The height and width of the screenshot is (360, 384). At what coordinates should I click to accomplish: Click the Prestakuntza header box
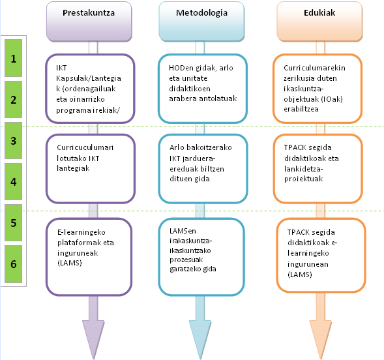[89, 22]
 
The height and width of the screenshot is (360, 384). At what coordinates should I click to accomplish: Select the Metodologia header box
[201, 22]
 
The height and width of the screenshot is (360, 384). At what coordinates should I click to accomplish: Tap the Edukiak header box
[319, 22]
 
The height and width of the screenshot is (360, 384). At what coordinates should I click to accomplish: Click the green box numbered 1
[14, 58]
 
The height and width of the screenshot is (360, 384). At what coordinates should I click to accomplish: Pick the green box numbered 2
[14, 99]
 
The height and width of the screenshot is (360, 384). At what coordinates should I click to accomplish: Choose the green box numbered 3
[14, 141]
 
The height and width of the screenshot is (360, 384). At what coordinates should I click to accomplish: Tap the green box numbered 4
[14, 182]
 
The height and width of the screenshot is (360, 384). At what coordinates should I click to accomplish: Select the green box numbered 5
[14, 223]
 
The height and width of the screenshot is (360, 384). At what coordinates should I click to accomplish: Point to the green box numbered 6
[14, 264]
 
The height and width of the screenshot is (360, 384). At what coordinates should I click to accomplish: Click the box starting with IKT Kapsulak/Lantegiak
[90, 89]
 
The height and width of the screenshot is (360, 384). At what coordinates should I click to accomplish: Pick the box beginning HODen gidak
[203, 89]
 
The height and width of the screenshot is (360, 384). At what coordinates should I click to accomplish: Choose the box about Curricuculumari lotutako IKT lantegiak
[91, 169]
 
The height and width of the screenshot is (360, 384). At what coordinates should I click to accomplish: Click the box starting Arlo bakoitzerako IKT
[203, 169]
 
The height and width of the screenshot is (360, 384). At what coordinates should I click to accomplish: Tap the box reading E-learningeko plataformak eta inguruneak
[89, 257]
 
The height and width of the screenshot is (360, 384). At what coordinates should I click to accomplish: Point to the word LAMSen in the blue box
[183, 231]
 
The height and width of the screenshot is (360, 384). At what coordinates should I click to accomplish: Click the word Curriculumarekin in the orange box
[314, 68]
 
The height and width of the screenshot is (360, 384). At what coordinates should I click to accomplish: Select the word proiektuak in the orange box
[304, 179]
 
